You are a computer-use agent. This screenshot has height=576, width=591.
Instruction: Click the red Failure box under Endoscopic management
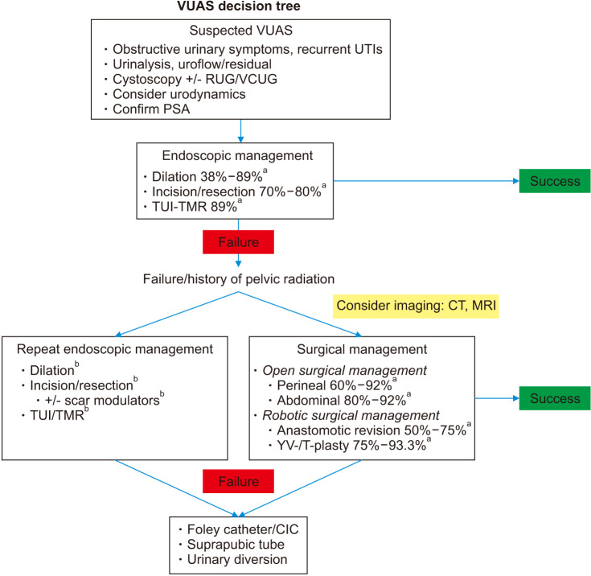(x=238, y=241)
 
